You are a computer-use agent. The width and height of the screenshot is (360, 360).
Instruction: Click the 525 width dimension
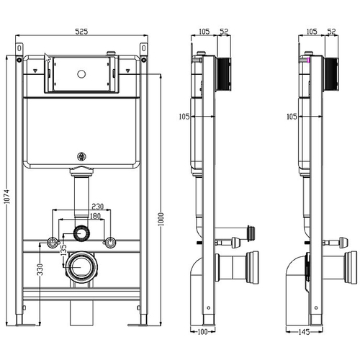tap(81, 32)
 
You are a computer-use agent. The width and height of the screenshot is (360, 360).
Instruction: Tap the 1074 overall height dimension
tap(7, 197)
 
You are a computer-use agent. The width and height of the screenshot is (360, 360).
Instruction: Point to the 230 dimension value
tap(98, 207)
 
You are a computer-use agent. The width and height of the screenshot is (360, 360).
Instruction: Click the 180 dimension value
tap(95, 216)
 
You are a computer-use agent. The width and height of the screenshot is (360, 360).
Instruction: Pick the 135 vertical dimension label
tap(63, 251)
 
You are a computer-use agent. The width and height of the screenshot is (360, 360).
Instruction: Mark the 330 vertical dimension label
tap(40, 269)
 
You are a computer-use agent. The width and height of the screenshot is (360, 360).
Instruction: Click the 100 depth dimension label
tap(202, 332)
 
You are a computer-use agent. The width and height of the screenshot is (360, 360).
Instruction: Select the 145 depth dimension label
tap(304, 332)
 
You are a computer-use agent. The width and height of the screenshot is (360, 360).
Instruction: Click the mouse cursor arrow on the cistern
tap(48, 58)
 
